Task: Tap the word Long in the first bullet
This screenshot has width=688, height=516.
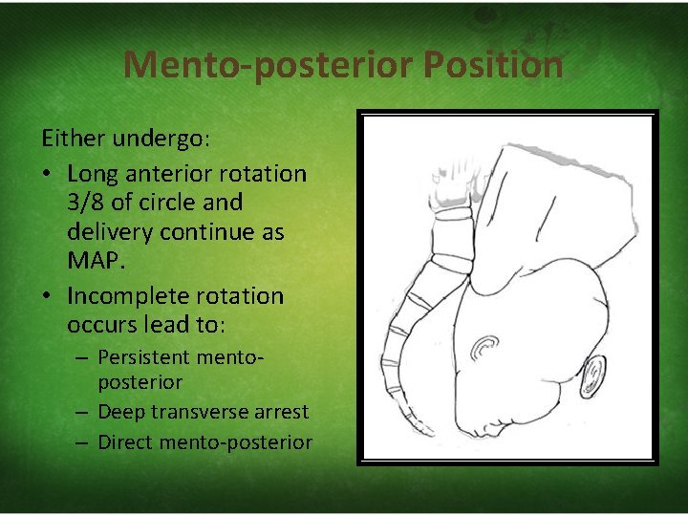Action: [92, 174]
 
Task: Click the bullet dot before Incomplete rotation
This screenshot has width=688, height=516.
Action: [49, 296]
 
